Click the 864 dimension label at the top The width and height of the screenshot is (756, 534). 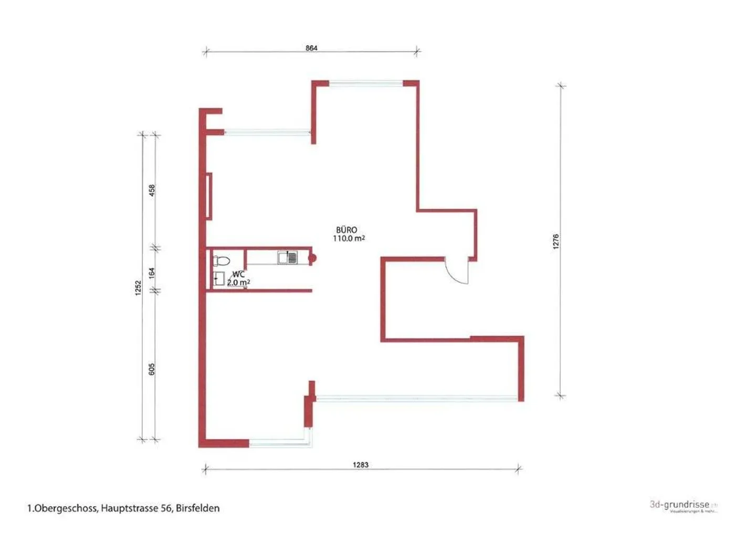pyautogui.click(x=311, y=48)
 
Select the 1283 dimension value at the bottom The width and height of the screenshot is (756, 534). pyautogui.click(x=360, y=464)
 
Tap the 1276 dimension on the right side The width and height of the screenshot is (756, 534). pyautogui.click(x=556, y=241)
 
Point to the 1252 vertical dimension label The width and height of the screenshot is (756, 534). pyautogui.click(x=138, y=287)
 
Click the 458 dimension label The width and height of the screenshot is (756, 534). pyautogui.click(x=152, y=189)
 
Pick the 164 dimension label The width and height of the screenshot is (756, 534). pyautogui.click(x=152, y=273)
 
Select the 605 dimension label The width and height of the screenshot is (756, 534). pyautogui.click(x=152, y=369)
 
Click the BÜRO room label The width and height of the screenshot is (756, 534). pyautogui.click(x=346, y=230)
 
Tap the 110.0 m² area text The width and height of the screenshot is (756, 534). pyautogui.click(x=349, y=238)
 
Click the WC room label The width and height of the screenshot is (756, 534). pyautogui.click(x=238, y=274)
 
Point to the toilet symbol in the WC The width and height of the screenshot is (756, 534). pyautogui.click(x=222, y=261)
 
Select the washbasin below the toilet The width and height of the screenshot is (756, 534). pyautogui.click(x=219, y=279)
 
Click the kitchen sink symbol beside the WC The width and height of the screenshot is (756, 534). pyautogui.click(x=288, y=257)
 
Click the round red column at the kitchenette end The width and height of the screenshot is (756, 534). pyautogui.click(x=312, y=258)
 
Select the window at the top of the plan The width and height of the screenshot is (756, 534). pyautogui.click(x=365, y=83)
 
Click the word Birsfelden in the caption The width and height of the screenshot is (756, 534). pyautogui.click(x=198, y=508)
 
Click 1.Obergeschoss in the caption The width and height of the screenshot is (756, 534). pyautogui.click(x=61, y=508)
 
